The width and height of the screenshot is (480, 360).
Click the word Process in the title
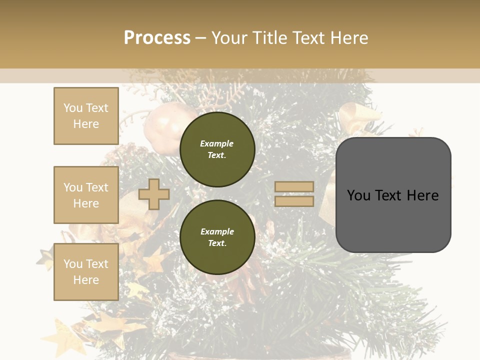pyautogui.click(x=157, y=38)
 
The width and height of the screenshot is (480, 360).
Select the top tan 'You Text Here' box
pyautogui.click(x=86, y=116)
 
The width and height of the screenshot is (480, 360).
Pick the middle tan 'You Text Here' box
pyautogui.click(x=86, y=195)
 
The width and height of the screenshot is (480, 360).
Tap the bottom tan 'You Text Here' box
pyautogui.click(x=86, y=272)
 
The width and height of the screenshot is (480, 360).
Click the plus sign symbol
pyautogui.click(x=154, y=194)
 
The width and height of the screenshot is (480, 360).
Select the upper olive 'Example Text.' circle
pyautogui.click(x=217, y=149)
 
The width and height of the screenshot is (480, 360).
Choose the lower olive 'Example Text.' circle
pyautogui.click(x=217, y=237)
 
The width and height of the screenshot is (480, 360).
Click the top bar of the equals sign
pyautogui.click(x=294, y=187)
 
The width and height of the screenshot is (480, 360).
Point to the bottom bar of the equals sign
pyautogui.click(x=294, y=201)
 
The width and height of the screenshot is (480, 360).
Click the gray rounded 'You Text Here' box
pyautogui.click(x=393, y=195)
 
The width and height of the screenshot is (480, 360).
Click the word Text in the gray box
pyautogui.click(x=393, y=195)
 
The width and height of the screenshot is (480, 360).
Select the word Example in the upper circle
pyautogui.click(x=217, y=143)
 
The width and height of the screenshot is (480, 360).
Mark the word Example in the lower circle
pyautogui.click(x=217, y=231)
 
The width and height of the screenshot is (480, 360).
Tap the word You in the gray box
pyautogui.click(x=359, y=195)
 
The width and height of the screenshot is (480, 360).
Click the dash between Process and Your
pyautogui.click(x=200, y=38)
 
